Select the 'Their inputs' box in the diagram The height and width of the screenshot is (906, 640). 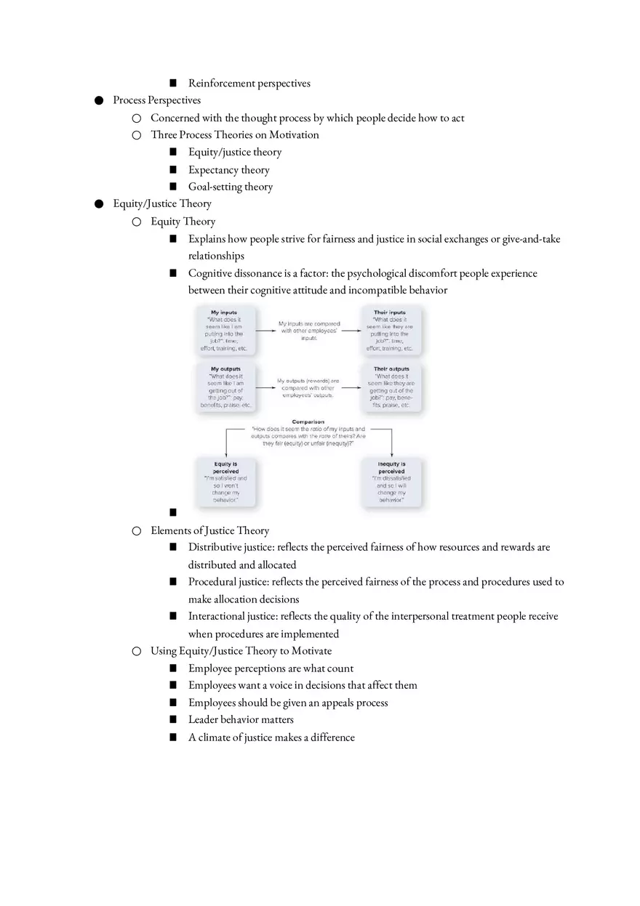coord(390,331)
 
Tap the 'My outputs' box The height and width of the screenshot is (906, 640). coord(225,387)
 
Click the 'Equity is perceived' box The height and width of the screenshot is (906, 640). coord(225,482)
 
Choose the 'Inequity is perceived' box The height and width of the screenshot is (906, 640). coord(391,482)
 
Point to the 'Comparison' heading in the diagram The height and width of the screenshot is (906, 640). coord(308,421)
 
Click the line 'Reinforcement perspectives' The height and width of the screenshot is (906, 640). coord(249,83)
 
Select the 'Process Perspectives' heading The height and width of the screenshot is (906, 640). coord(156,100)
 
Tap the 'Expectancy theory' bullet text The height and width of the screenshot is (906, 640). coord(228,170)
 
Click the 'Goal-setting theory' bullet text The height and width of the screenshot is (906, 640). coord(231,187)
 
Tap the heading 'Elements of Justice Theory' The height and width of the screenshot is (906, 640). coord(209,530)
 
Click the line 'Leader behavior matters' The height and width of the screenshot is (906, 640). coord(241,719)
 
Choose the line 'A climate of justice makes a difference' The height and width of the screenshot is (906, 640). coord(271,737)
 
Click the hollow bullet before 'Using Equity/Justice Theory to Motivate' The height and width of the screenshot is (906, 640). coord(136,651)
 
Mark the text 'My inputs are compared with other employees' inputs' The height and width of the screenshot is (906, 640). coord(308,331)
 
